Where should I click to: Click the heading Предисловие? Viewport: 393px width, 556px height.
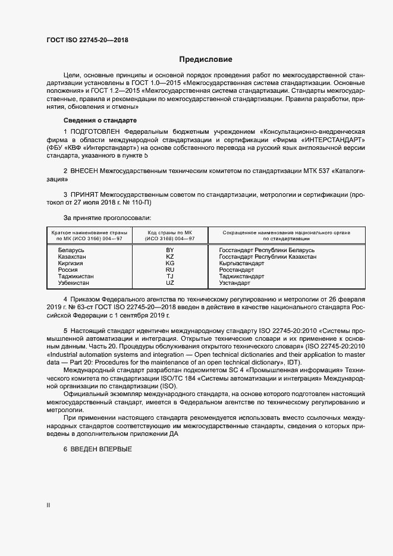pyautogui.click(x=206, y=59)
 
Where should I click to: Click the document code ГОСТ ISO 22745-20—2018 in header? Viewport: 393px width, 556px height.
pyautogui.click(x=87, y=40)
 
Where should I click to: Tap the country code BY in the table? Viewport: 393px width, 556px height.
pyautogui.click(x=169, y=250)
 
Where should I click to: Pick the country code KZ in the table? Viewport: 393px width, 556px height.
pyautogui.click(x=169, y=256)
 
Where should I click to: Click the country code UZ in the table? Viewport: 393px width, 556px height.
pyautogui.click(x=169, y=282)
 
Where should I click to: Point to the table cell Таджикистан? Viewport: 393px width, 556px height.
pyautogui.click(x=76, y=276)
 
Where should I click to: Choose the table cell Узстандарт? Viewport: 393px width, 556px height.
pyautogui.click(x=235, y=282)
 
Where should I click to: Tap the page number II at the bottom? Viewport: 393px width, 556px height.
pyautogui.click(x=48, y=505)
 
